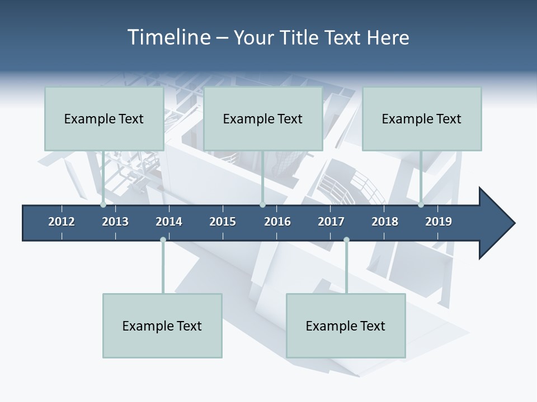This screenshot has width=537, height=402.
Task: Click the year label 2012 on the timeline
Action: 62,222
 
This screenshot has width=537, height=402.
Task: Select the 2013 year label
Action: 115,222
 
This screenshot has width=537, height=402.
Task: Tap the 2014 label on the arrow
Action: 169,222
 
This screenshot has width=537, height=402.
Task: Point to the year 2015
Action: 223,222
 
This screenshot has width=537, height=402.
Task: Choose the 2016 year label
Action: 277,222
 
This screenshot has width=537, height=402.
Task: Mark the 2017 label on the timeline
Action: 331,222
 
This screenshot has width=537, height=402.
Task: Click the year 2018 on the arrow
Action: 385,222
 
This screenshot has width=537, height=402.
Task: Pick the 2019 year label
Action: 439,222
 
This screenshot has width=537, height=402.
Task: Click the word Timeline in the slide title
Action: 168,37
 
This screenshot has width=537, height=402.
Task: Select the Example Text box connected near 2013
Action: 104,118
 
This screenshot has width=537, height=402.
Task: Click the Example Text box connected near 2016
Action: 263,118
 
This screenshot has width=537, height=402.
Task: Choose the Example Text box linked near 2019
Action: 422,118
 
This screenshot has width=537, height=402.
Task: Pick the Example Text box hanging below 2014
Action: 162,326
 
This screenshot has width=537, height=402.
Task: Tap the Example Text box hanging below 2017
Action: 346,326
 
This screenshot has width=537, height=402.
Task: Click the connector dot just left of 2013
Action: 103,205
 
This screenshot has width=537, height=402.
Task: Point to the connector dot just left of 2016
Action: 262,205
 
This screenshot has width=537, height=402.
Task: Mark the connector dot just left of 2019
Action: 421,205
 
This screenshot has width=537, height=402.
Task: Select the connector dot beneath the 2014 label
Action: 163,240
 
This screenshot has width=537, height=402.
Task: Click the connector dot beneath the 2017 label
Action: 346,240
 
